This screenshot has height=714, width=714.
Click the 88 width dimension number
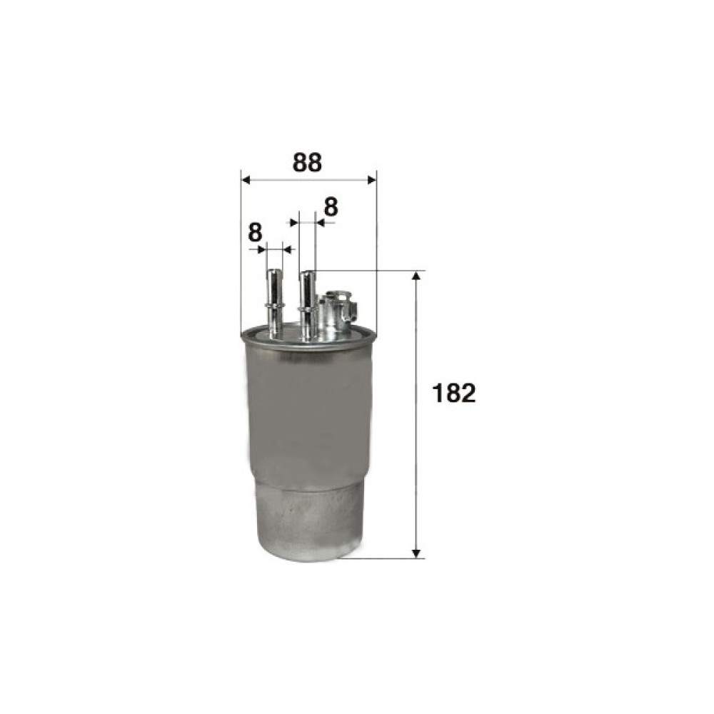click(307, 163)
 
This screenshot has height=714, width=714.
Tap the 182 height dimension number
click(454, 393)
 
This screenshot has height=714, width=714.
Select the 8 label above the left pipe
click(256, 233)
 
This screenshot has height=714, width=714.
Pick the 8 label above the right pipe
click(331, 207)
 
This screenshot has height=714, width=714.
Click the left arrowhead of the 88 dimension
click(246, 181)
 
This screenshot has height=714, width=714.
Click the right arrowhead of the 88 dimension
click(371, 181)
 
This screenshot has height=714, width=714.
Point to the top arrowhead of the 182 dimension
click(416, 277)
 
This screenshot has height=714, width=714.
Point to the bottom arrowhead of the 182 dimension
click(416, 553)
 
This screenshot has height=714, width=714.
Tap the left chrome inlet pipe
click(274, 303)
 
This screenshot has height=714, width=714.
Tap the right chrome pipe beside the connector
click(307, 304)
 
